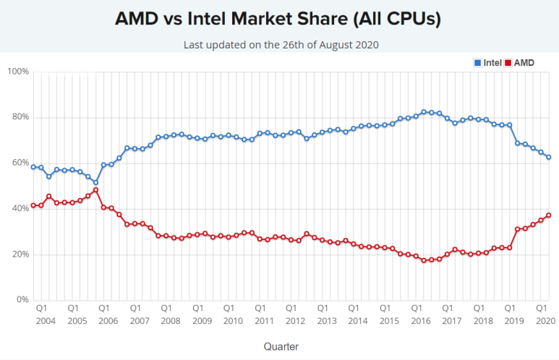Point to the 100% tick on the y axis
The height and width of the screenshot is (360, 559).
[17, 72]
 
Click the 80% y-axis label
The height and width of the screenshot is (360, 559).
[20, 117]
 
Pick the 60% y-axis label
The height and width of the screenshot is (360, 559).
[20, 163]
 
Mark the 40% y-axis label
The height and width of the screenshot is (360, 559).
[20, 208]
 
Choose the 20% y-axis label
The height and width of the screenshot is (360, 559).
[20, 254]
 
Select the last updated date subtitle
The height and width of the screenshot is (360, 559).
[281, 45]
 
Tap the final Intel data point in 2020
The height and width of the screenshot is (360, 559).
[548, 157]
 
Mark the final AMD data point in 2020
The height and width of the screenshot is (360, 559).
[548, 215]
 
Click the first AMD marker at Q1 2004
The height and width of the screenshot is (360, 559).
[33, 205]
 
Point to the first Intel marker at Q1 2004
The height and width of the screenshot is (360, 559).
[33, 167]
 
